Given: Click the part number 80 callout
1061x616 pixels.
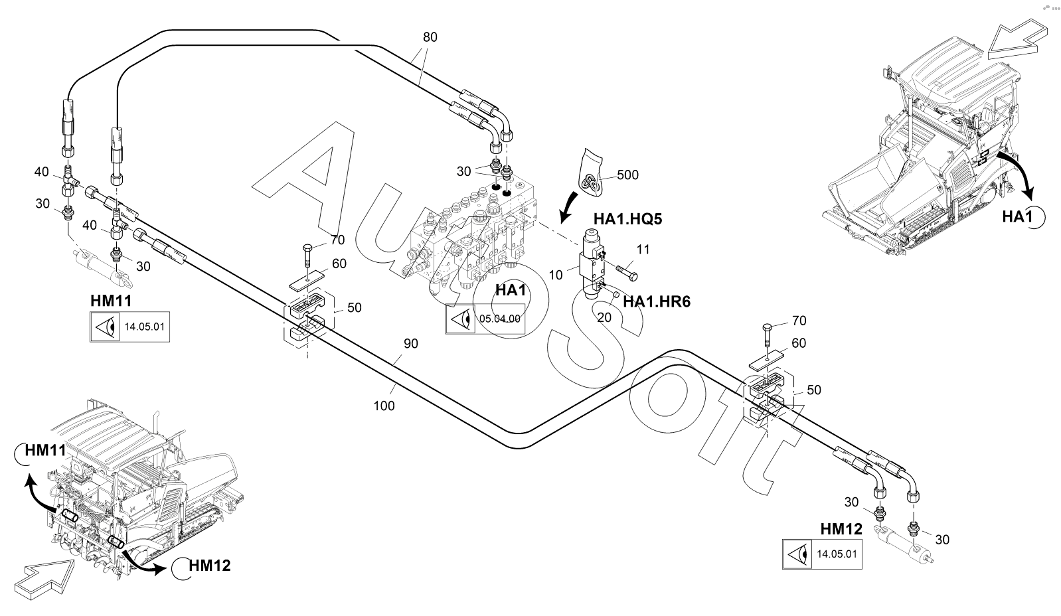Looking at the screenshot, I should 430,37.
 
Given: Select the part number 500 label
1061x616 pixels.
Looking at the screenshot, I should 627,175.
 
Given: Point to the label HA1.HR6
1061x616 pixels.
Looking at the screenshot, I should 656,302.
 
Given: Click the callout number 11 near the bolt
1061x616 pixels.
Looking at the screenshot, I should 643,250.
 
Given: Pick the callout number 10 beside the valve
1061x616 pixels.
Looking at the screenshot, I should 556,274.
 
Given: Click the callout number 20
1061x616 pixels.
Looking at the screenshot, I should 604,318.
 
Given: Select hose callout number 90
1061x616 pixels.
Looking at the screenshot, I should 411,344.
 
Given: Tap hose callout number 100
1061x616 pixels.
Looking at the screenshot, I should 384,405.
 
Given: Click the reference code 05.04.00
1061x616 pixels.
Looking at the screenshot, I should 499,319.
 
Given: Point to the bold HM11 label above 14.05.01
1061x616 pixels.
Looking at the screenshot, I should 111,301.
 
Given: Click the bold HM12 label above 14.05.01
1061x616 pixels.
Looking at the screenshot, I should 841,529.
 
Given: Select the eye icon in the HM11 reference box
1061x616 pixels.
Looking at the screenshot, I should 105,327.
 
